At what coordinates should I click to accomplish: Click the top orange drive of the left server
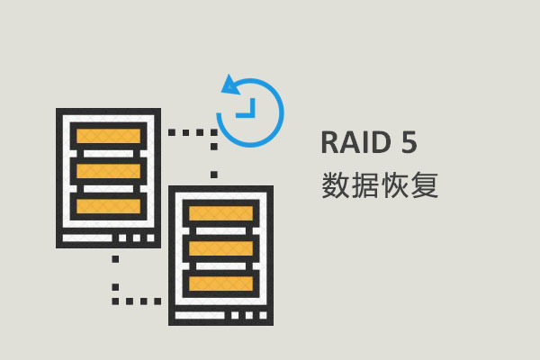click(x=109, y=136)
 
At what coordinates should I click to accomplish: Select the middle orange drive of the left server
click(x=109, y=170)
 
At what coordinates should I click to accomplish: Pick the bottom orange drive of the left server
click(x=109, y=205)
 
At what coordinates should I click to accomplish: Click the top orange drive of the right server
click(x=221, y=213)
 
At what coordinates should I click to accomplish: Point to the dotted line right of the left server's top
click(x=191, y=132)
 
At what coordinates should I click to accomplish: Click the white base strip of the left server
click(x=109, y=239)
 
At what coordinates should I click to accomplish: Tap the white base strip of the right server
click(x=221, y=317)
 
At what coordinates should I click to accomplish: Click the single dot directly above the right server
click(x=213, y=174)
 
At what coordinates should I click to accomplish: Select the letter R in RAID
click(x=329, y=144)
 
